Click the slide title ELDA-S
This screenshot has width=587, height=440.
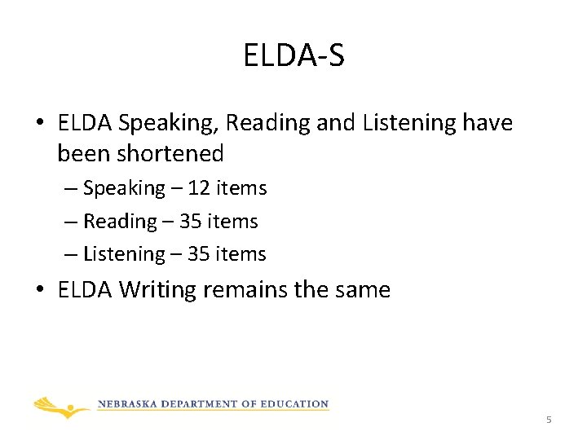(x=293, y=55)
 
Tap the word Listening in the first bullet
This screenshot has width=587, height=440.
(x=411, y=123)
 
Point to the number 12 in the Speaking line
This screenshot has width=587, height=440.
(x=198, y=188)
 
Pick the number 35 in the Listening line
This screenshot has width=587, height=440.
(x=198, y=254)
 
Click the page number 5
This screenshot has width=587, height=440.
(x=549, y=420)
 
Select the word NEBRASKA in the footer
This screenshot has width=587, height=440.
(x=130, y=404)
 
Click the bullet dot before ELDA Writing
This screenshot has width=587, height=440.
(x=40, y=290)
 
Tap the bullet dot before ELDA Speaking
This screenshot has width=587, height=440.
(x=40, y=124)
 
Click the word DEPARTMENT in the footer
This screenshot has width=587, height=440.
(x=205, y=404)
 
